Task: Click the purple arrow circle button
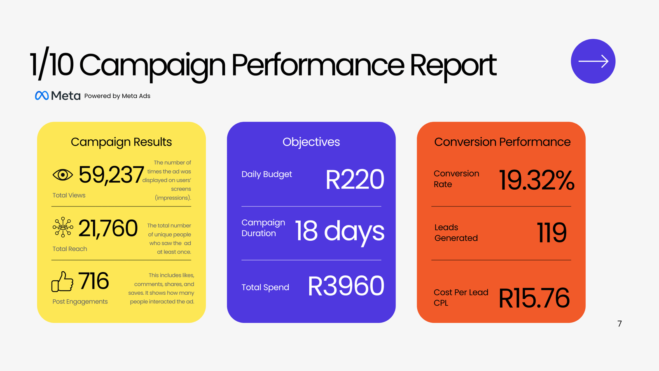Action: pos(593,61)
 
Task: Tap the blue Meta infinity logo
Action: pos(42,95)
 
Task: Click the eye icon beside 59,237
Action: pos(63,175)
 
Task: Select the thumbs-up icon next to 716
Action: pos(62,282)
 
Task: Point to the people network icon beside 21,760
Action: pos(63,227)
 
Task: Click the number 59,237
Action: pos(111,175)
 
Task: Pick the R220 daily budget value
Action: pos(355,179)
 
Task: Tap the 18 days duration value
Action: pos(339,232)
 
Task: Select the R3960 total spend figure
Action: pos(346,286)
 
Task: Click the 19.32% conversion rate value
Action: pos(537,180)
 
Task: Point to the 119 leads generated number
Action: pos(552,232)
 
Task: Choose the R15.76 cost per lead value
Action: pos(534,298)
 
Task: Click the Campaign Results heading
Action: pos(121,142)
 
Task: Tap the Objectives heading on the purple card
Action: pos(311,142)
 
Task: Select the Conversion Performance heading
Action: pos(502,142)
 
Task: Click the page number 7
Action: pos(619,324)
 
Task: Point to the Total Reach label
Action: pos(70,249)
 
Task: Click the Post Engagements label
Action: pos(80,302)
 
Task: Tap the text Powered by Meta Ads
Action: pos(117,96)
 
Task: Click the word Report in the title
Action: pos(453,66)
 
